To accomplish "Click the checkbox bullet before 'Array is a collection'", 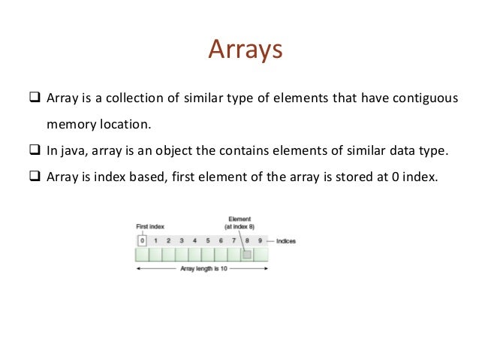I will [x=33, y=99].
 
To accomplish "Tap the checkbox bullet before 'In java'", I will [x=33, y=150].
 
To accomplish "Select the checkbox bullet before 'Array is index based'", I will [x=33, y=176].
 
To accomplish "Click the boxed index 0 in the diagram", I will [x=141, y=241].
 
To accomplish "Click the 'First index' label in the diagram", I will [x=151, y=225].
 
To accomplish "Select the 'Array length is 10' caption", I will [x=202, y=268].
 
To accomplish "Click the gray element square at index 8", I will [x=247, y=255].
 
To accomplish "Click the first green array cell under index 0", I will [x=142, y=255].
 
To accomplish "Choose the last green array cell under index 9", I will [x=261, y=255].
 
